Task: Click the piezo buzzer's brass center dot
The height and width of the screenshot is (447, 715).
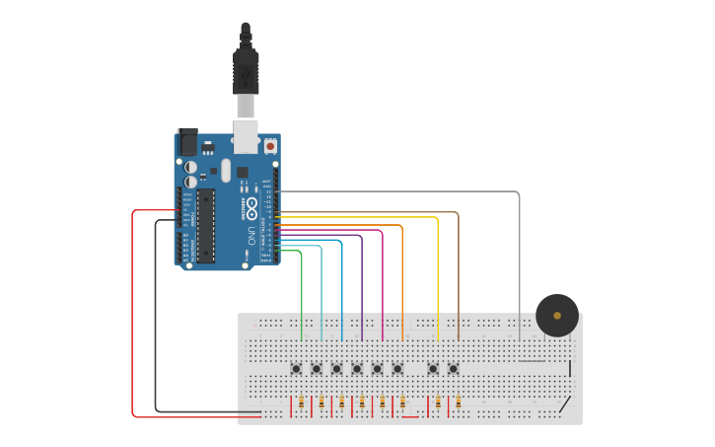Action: pyautogui.click(x=557, y=316)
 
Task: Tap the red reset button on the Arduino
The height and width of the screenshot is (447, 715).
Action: pyautogui.click(x=270, y=146)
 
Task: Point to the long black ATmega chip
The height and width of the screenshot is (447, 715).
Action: pyautogui.click(x=205, y=226)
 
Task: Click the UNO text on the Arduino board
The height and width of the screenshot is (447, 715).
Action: pyautogui.click(x=252, y=236)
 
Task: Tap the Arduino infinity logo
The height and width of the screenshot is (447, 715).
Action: pyautogui.click(x=252, y=208)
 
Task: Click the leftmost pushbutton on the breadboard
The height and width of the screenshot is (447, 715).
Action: pyautogui.click(x=296, y=369)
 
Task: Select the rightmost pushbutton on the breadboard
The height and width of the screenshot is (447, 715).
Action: pyautogui.click(x=454, y=369)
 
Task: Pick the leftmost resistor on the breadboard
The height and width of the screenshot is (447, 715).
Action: pyautogui.click(x=301, y=402)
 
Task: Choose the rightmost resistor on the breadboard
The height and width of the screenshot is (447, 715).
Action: pyautogui.click(x=458, y=402)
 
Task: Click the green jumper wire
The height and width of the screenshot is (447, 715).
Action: pyautogui.click(x=302, y=296)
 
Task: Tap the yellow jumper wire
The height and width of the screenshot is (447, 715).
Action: pyautogui.click(x=437, y=276)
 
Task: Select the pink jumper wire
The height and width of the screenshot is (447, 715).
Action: pyautogui.click(x=383, y=286)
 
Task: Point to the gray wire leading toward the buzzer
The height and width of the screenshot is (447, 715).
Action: pyautogui.click(x=519, y=257)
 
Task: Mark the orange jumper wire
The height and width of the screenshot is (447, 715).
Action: pyautogui.click(x=402, y=281)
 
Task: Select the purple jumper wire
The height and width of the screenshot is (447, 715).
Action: pyautogui.click(x=362, y=291)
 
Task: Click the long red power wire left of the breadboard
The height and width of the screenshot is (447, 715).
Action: pyautogui.click(x=132, y=316)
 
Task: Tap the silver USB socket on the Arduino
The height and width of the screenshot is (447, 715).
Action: pyautogui.click(x=246, y=135)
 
